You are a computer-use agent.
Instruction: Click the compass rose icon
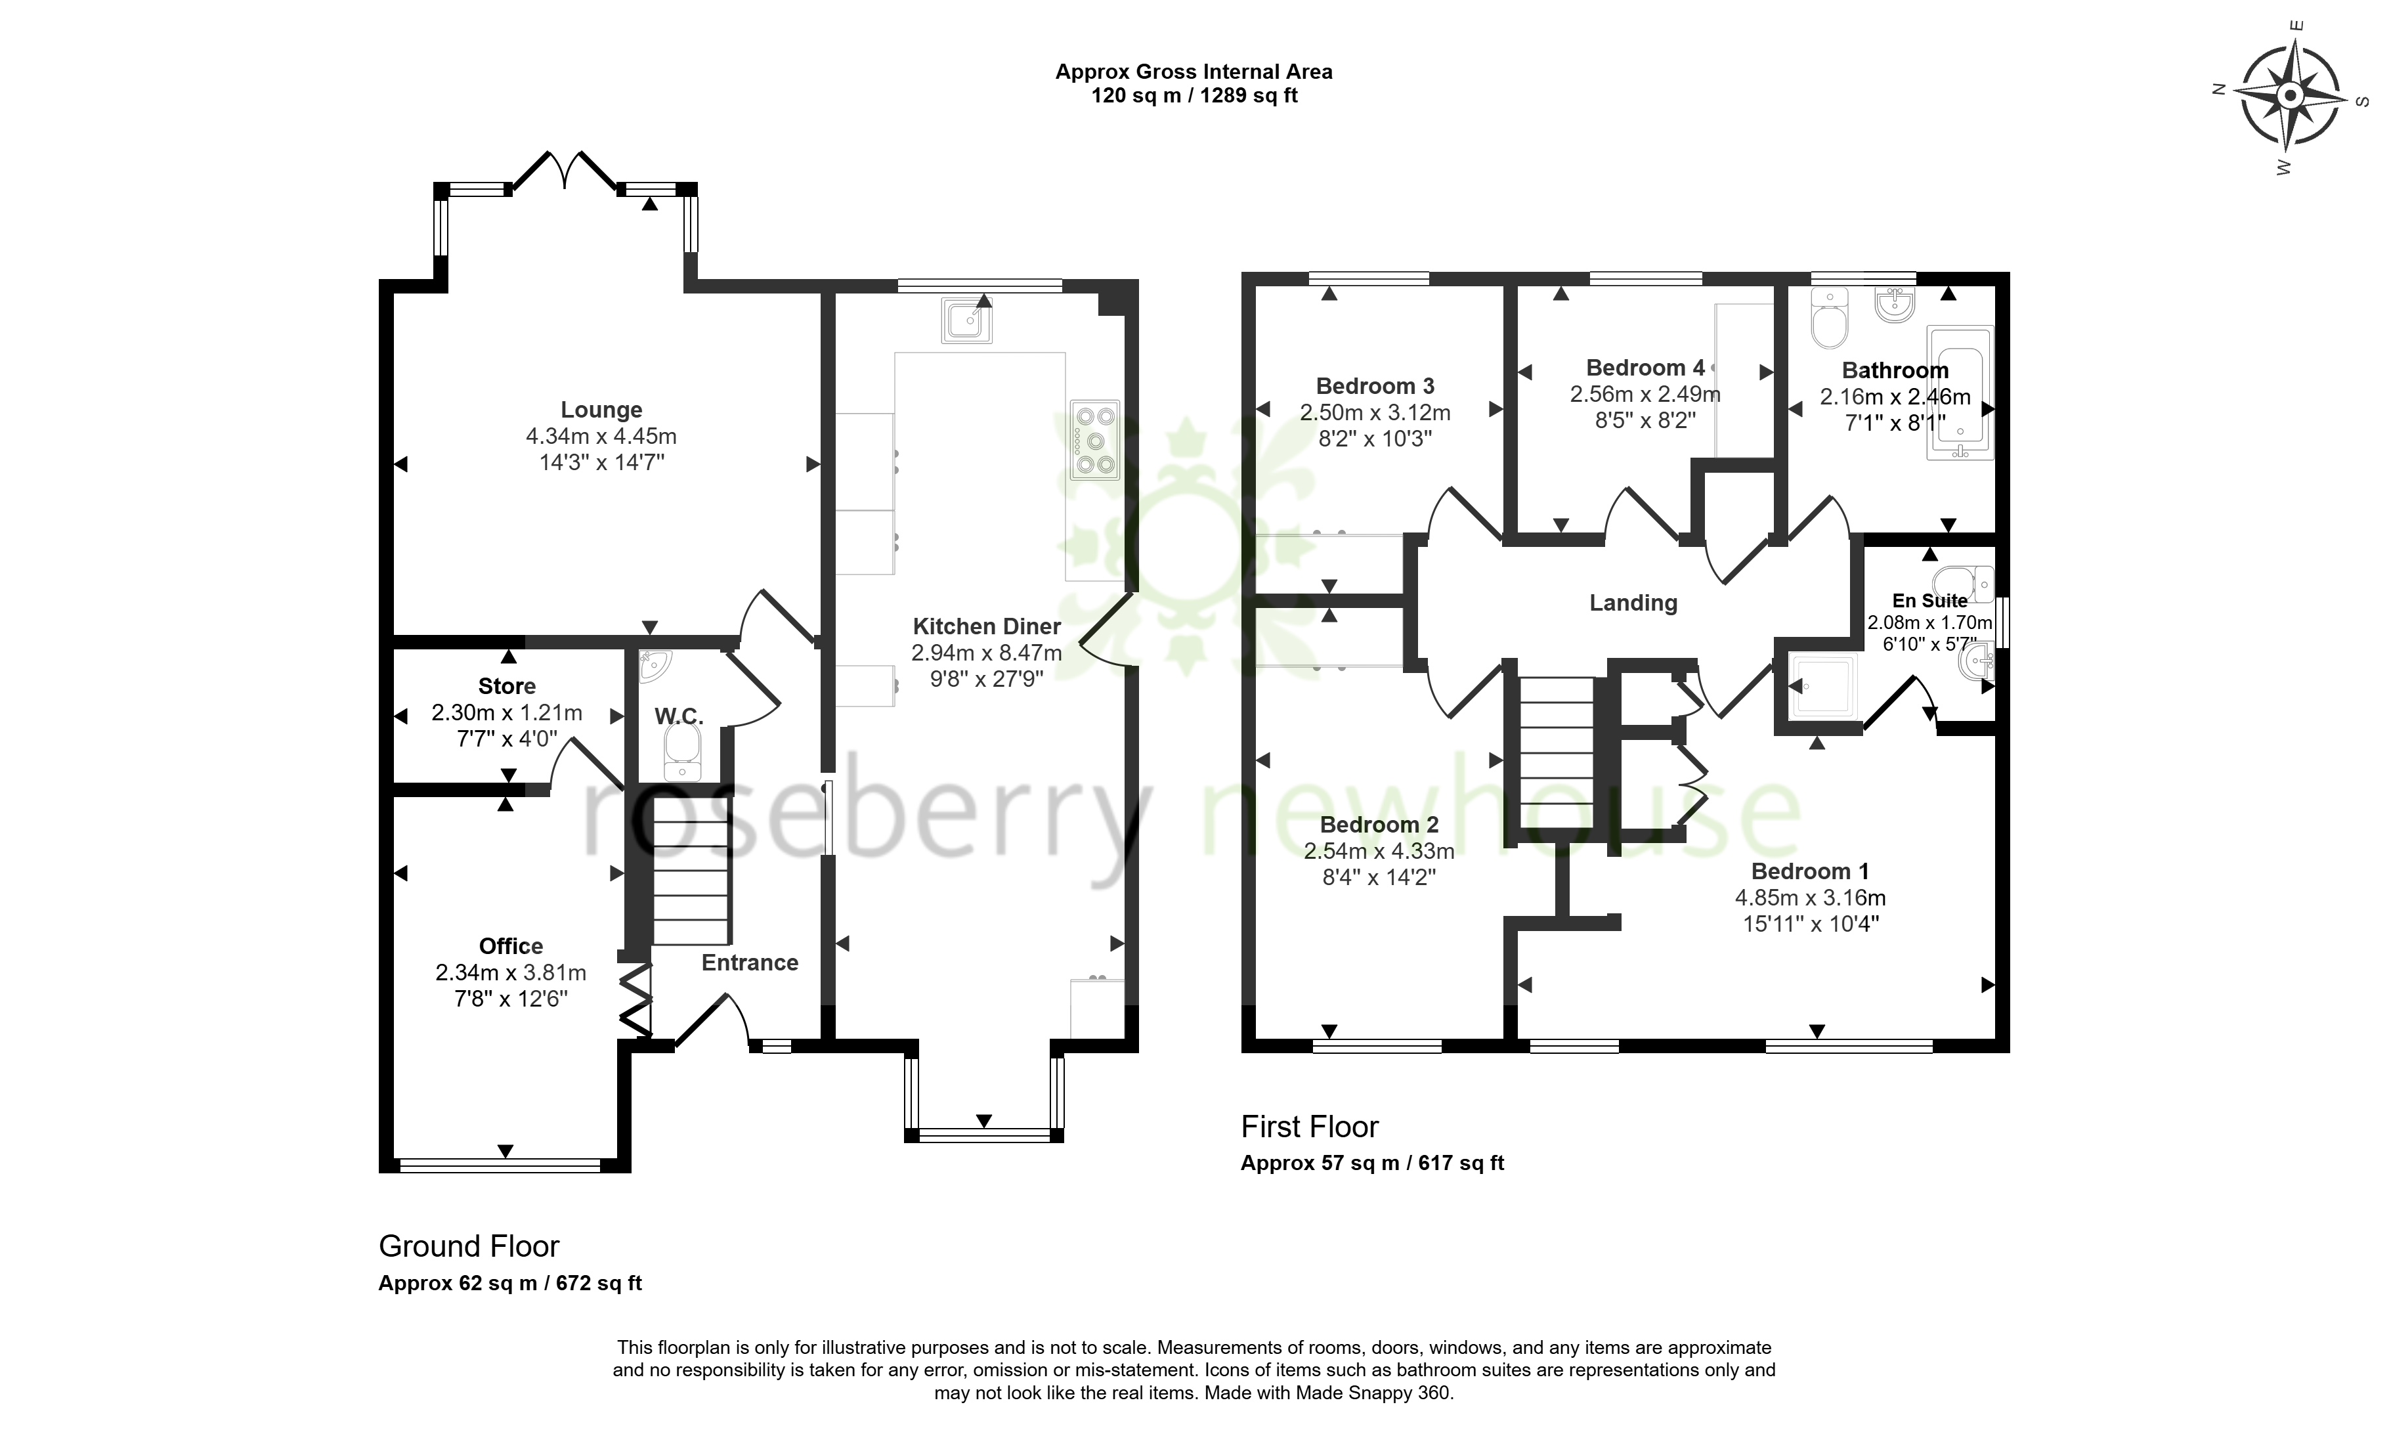click(x=2291, y=96)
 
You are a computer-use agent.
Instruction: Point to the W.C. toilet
click(x=683, y=752)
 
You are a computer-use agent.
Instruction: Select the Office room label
click(x=511, y=946)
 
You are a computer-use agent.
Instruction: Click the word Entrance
click(x=750, y=963)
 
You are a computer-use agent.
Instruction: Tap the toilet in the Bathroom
click(x=1829, y=318)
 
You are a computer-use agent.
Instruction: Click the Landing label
click(x=1633, y=603)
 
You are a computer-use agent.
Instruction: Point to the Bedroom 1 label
click(x=1811, y=871)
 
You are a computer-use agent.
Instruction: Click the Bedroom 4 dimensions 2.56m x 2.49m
click(x=1645, y=394)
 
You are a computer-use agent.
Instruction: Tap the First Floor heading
click(x=1309, y=1127)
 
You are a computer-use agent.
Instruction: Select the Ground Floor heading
click(x=469, y=1246)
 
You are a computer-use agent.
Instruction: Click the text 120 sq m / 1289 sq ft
click(x=1194, y=96)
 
